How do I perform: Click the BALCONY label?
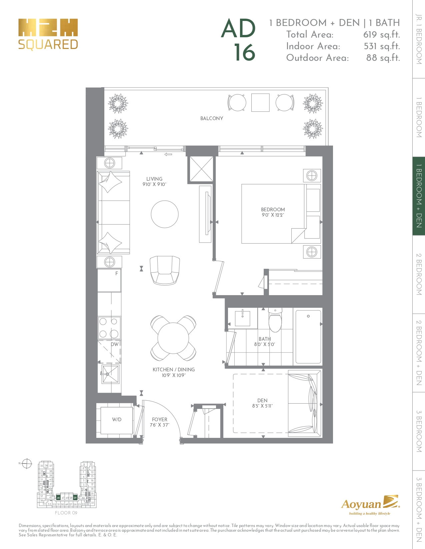click(212, 118)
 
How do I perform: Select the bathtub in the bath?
click(308, 337)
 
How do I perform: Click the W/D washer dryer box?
click(116, 420)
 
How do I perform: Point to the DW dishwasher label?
click(115, 344)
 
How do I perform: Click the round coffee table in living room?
click(165, 214)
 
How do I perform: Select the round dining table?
click(173, 338)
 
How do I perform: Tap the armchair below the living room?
click(165, 270)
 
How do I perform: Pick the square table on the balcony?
click(260, 102)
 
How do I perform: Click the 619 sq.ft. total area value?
click(381, 35)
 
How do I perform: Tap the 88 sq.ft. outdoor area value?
click(383, 58)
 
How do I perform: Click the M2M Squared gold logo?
click(48, 34)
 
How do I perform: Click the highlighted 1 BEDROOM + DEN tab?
click(419, 196)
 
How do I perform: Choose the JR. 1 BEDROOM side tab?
click(419, 39)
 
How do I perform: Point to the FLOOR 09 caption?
click(66, 513)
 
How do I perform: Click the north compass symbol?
click(27, 463)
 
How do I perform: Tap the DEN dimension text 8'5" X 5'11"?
click(262, 406)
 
